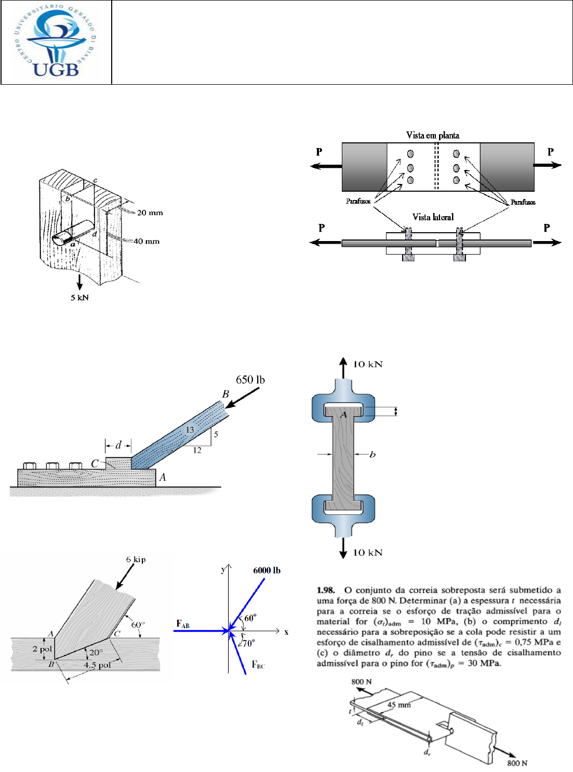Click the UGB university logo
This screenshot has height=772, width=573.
point(56,42)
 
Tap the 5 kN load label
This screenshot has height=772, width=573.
point(79,298)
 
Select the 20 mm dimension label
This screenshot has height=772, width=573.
point(150,212)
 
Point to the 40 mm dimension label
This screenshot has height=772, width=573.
point(146,241)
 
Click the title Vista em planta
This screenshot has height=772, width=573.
point(432,136)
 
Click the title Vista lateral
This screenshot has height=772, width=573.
point(433,217)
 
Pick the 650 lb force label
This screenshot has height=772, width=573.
point(250,380)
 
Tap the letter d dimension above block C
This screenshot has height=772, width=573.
point(118,445)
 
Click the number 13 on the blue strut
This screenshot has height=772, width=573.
point(190,430)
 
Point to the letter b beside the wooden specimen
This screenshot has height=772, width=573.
point(372,455)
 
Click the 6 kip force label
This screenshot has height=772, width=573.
point(136,560)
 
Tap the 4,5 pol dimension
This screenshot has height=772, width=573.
point(97,665)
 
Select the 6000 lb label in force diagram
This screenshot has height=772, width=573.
point(266,570)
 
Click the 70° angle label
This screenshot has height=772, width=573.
point(248,643)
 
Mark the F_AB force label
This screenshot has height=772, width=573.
point(183,624)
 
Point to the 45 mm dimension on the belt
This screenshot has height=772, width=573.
point(399,705)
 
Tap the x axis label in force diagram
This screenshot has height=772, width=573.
point(286,632)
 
